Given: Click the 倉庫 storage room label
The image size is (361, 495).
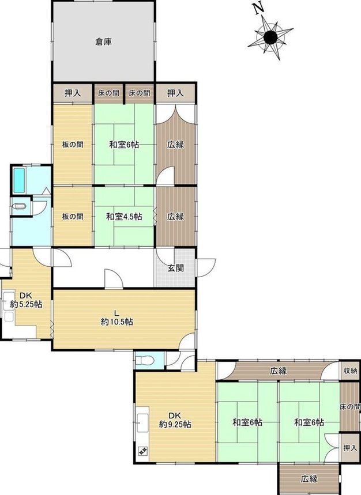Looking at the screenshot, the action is (x=104, y=41).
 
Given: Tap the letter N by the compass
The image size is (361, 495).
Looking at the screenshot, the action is (x=260, y=9).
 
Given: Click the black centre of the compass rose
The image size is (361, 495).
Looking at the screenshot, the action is (x=270, y=38).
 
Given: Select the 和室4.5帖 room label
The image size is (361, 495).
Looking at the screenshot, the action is (x=124, y=217).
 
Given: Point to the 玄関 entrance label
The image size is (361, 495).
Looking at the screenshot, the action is (x=175, y=268).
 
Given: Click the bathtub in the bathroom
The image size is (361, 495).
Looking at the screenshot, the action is (x=19, y=180).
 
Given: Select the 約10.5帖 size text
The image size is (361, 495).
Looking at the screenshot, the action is (x=117, y=322).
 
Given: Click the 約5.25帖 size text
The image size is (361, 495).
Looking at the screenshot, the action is (x=26, y=305).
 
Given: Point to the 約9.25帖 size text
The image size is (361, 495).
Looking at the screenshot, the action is (x=175, y=424).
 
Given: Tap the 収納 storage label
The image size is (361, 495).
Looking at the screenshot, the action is (x=350, y=371).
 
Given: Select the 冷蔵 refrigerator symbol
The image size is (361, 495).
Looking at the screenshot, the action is (x=142, y=451).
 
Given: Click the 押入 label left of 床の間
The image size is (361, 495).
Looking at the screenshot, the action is (x=73, y=93).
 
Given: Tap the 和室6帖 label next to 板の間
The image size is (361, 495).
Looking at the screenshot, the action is (x=124, y=145).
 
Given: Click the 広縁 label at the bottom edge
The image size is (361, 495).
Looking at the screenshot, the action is (x=309, y=479).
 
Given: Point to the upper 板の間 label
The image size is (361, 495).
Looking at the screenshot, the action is (x=73, y=145).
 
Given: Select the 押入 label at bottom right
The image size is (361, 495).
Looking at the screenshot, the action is (x=350, y=448).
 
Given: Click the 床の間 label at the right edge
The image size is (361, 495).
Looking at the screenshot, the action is (x=350, y=407).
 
